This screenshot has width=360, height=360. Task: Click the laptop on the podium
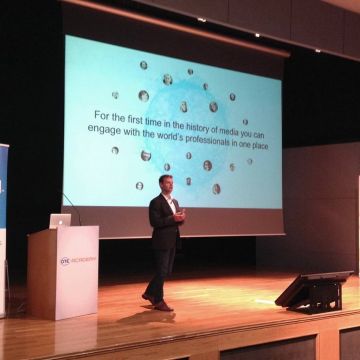pyautogui.click(x=60, y=220)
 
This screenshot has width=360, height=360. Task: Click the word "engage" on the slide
pyautogui.click(x=98, y=133)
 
